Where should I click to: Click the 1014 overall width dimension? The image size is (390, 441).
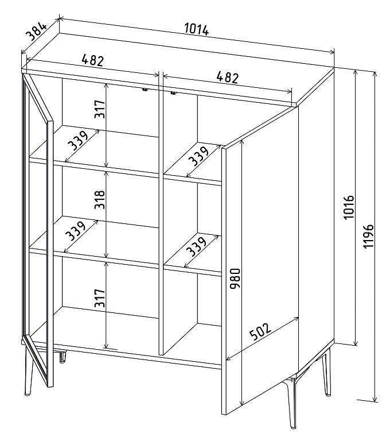pos(197,29)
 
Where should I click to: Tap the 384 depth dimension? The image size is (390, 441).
pos(36,32)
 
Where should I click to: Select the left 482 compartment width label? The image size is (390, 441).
pos(93,60)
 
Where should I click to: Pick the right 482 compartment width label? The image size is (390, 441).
pos(228,77)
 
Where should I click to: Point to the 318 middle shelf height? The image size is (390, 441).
pos(100,200)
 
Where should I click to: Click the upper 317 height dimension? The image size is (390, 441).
pos(100,109)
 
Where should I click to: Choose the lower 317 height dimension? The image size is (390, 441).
pos(100,298)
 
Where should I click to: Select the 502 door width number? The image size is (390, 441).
pos(260,331)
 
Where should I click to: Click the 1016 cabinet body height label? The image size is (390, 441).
pos(349,207)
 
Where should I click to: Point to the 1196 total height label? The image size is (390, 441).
pos(368,236)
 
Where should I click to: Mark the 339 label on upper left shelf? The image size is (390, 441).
pos(78,140)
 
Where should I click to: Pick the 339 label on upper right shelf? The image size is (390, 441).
pos(198,156)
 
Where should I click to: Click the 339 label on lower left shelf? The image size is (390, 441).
pos(75,231)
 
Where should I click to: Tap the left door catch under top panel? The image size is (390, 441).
pos(145,90)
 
